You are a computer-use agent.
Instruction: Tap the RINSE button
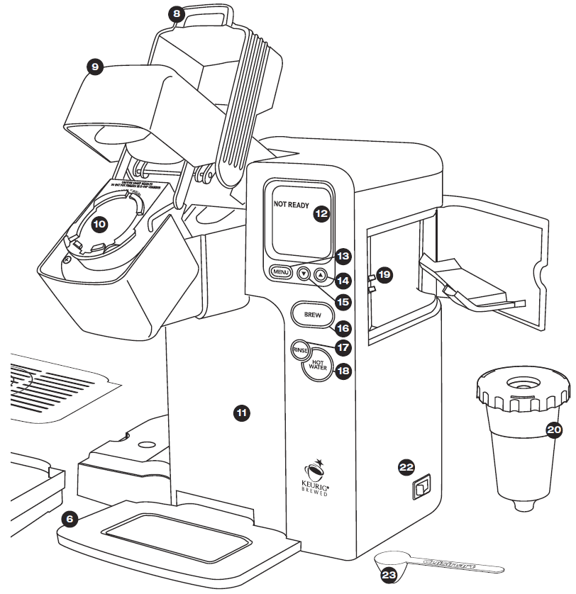(x=299, y=350)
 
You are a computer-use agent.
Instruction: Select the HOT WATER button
(x=317, y=366)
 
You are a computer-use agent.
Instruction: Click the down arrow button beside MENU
(x=304, y=274)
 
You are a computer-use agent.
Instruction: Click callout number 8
(x=176, y=13)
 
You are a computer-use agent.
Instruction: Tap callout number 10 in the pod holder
(x=99, y=223)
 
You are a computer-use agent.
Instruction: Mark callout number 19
(x=384, y=274)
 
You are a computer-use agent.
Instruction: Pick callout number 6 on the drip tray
(x=69, y=519)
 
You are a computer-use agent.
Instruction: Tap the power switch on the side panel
(x=421, y=487)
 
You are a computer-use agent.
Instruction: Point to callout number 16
(x=343, y=328)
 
